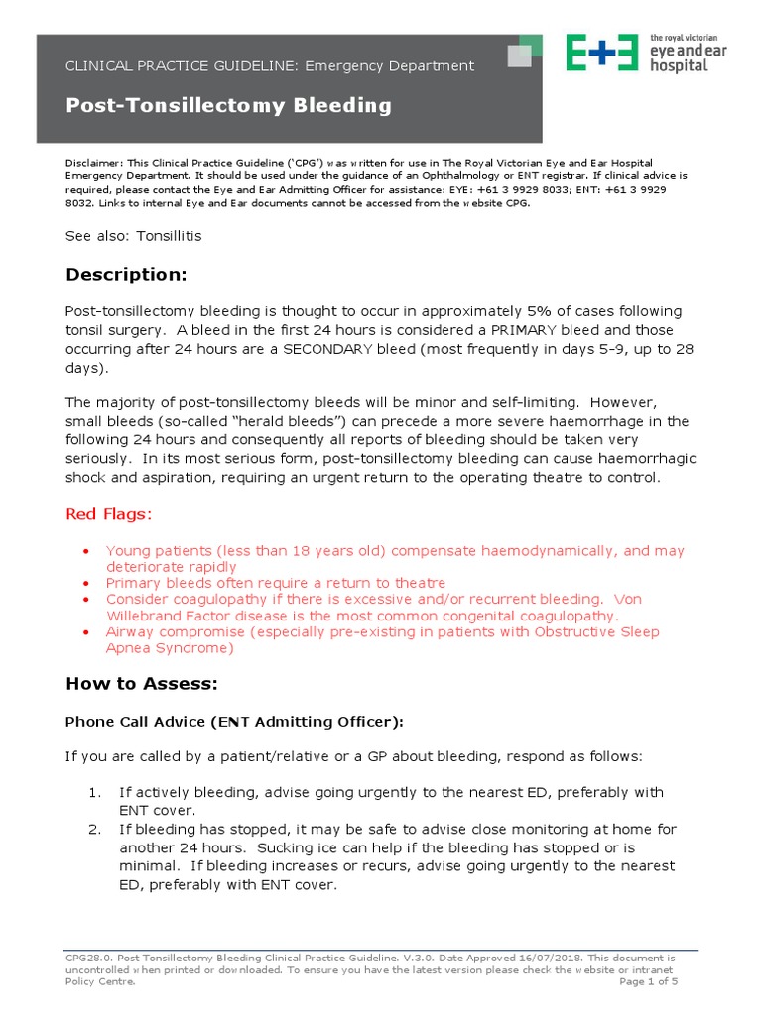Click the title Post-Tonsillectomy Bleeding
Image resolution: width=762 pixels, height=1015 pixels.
228,105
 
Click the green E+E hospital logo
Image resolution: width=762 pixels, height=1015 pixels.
601,53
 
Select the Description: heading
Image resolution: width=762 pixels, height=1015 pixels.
126,274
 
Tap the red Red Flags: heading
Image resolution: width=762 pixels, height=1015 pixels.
109,514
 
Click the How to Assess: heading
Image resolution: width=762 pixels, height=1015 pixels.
141,683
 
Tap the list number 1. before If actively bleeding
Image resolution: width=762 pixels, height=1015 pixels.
94,793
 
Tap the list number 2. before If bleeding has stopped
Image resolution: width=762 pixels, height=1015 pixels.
94,830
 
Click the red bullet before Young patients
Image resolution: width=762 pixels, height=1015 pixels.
86,551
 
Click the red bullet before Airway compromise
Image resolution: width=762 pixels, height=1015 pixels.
86,632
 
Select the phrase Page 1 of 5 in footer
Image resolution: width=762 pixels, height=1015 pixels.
648,981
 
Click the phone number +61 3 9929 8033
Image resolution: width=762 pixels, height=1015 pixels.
519,188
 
